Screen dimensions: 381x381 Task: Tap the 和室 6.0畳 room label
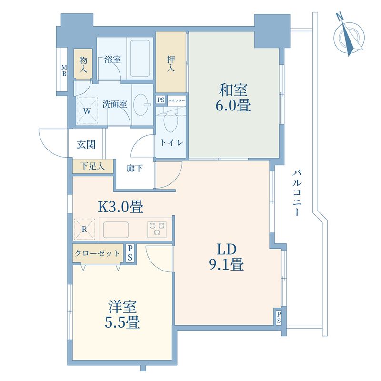click(233, 98)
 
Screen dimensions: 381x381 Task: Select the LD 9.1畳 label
click(226, 257)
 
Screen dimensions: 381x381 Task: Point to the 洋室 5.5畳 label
click(122, 314)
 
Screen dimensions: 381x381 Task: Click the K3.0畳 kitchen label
click(120, 207)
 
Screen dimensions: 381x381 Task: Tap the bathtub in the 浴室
click(140, 59)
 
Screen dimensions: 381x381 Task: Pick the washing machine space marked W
click(87, 111)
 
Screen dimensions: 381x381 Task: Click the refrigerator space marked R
click(84, 229)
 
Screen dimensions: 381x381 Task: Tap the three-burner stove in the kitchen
click(157, 229)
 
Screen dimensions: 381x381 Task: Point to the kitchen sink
click(116, 230)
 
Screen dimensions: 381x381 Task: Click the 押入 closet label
click(171, 64)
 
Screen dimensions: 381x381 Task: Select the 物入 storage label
click(83, 65)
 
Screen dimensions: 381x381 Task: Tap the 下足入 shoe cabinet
click(93, 166)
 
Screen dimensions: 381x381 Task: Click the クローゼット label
click(97, 253)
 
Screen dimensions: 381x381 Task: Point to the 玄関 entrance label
click(86, 145)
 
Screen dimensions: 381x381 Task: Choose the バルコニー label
click(297, 193)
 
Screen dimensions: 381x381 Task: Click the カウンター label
click(177, 100)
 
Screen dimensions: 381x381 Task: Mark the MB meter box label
click(64, 70)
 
